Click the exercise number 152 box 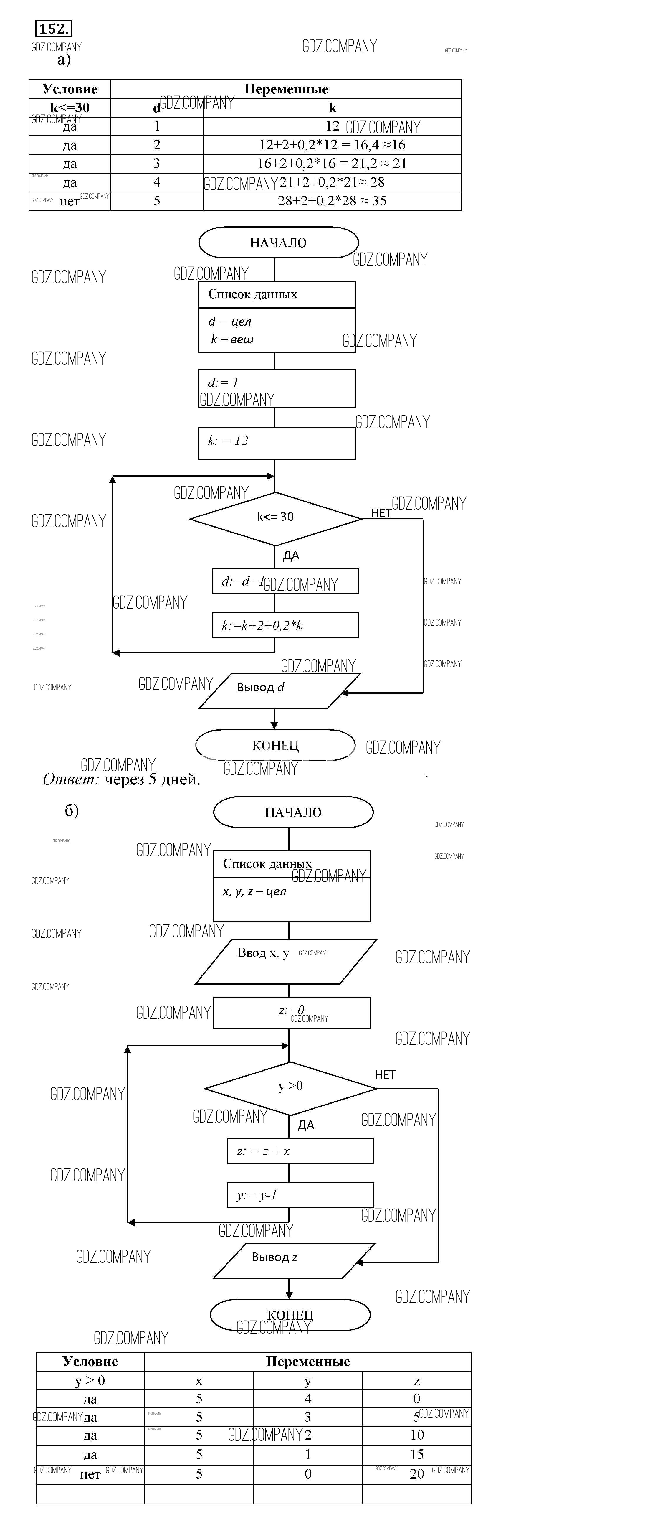54,28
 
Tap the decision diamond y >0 290,1088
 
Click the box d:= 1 276,388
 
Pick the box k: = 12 276,443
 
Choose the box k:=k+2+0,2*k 285,625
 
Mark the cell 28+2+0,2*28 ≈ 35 332,201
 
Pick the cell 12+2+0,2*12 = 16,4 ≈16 332,145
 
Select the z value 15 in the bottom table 416,1454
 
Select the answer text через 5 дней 153,779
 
